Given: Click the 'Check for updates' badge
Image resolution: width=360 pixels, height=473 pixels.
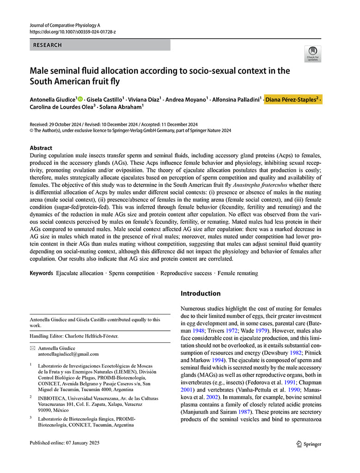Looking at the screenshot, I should pyautogui.click(x=313, y=54).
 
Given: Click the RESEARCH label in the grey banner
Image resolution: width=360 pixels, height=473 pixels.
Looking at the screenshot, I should pyautogui.click(x=47, y=45).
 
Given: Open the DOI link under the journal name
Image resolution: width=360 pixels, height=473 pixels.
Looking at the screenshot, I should pyautogui.click(x=73, y=32).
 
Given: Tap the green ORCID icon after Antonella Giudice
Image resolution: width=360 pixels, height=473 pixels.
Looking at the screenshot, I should pyautogui.click(x=80, y=99).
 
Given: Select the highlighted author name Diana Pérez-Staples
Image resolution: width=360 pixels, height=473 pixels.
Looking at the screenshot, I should pyautogui.click(x=292, y=99).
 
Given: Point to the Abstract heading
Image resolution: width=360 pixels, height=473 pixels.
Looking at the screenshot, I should pyautogui.click(x=41, y=148).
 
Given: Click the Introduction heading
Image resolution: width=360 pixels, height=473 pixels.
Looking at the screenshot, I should pyautogui.click(x=201, y=293).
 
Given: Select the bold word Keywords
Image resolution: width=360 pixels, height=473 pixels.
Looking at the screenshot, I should pyautogui.click(x=41, y=273).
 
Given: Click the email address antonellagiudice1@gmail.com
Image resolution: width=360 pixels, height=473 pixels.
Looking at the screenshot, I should pyautogui.click(x=68, y=354).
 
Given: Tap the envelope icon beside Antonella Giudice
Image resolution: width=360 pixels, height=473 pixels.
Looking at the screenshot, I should pyautogui.click(x=32, y=348).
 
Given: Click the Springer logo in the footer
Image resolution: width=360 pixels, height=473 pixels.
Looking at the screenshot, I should pyautogui.click(x=309, y=444).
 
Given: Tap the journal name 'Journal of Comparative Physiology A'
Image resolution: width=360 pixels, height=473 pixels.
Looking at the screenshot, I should pyautogui.click(x=65, y=25).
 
